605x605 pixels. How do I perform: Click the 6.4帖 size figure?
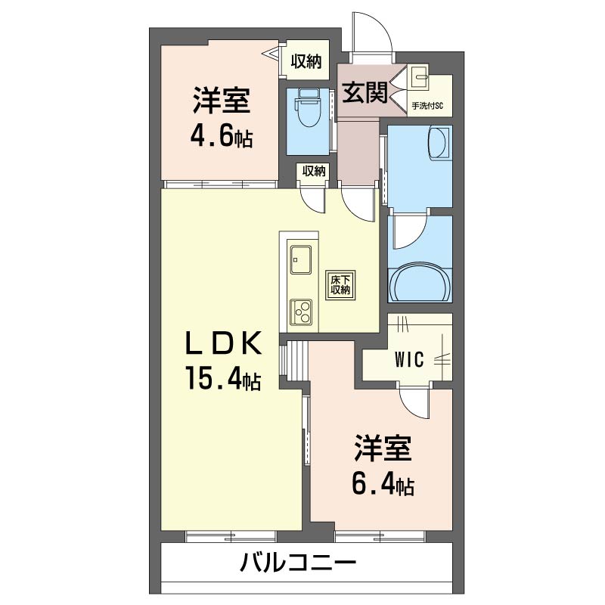(383, 484)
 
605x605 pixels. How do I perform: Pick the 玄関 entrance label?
(365, 93)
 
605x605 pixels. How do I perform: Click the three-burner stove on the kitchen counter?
(300, 311)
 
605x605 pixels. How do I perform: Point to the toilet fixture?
(307, 108)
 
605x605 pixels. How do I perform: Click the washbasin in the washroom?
(438, 143)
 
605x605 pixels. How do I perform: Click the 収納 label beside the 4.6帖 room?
(306, 62)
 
